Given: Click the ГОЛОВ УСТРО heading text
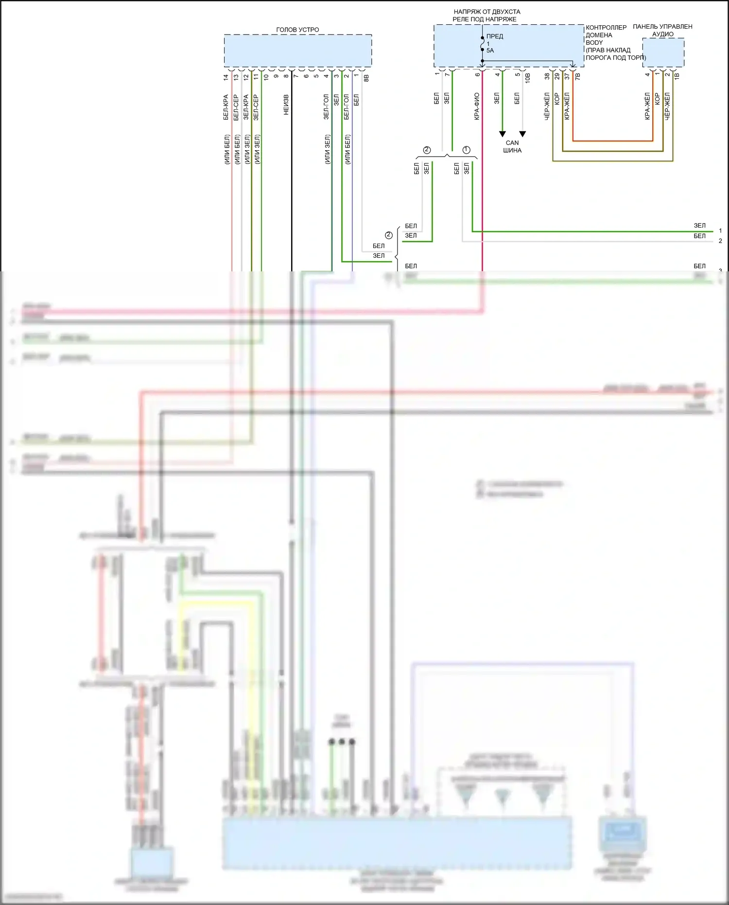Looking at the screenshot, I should point(297,30).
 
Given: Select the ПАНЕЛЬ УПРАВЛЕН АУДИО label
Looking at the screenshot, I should point(662,30).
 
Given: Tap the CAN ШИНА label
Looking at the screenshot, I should point(512,146).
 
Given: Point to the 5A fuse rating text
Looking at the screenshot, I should point(490,51).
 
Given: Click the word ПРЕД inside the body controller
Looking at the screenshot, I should point(495,36).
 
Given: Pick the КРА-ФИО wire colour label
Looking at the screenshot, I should point(477,106).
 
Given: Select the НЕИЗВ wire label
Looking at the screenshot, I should point(286,105).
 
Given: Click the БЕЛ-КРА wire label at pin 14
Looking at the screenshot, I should point(226,107).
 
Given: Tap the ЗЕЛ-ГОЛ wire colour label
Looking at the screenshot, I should point(326,107).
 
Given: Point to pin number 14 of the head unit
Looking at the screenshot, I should point(226,77).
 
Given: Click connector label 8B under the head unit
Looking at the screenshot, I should point(366,77).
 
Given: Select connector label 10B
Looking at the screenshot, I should point(528,77).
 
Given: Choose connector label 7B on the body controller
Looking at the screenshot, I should point(577,76).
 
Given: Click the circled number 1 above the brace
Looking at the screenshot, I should point(467,150).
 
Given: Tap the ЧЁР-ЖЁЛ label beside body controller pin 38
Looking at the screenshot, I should point(547,106).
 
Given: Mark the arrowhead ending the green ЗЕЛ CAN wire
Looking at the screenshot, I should point(503,134).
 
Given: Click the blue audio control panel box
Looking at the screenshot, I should point(663,53).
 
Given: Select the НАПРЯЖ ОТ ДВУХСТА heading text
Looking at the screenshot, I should point(486,12).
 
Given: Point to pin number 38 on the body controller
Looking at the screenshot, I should point(547,76).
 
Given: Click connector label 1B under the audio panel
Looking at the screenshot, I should point(677,76).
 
